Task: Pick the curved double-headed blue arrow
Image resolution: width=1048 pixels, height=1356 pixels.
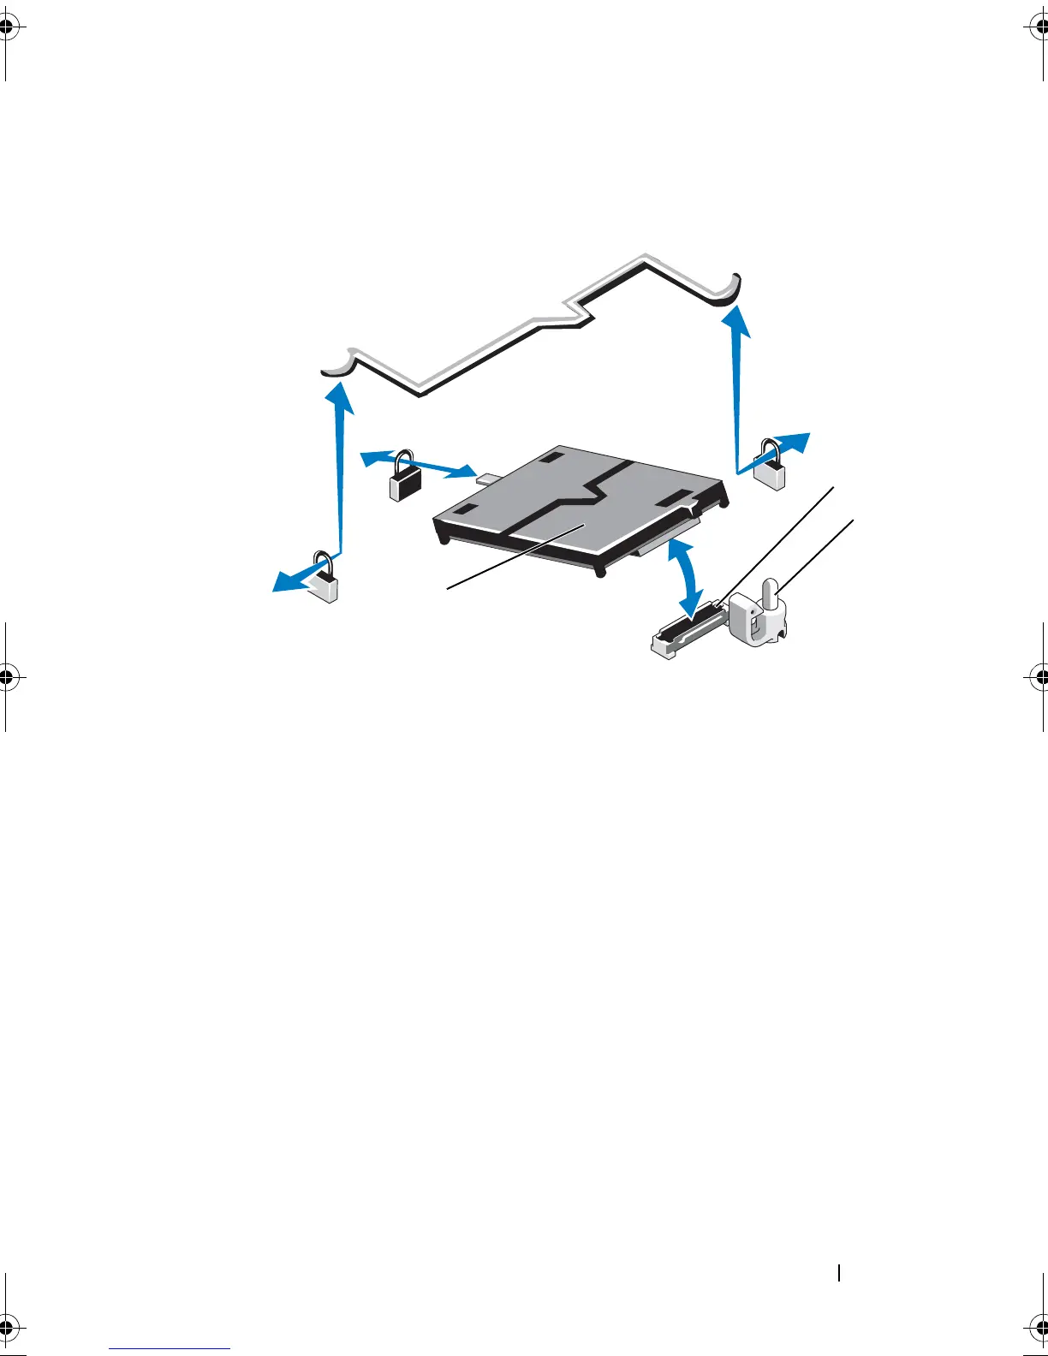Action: [x=685, y=577]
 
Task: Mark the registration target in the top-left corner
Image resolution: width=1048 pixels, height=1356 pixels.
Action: [x=7, y=27]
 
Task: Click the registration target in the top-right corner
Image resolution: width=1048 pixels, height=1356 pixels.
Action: [x=1039, y=27]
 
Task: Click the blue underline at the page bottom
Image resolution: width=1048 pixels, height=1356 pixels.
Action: [x=170, y=1349]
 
